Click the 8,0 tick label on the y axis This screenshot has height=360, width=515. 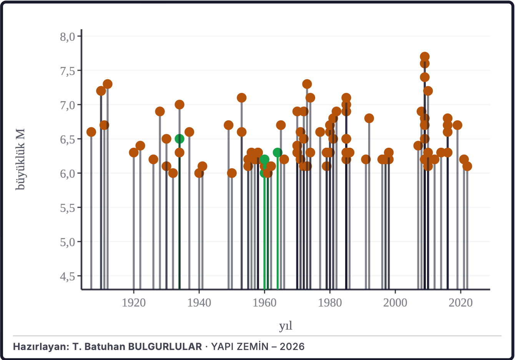click(x=68, y=37)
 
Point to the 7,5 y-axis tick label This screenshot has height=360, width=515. click(x=68, y=71)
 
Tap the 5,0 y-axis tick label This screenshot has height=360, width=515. click(x=68, y=242)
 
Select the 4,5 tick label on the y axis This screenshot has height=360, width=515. click(x=68, y=277)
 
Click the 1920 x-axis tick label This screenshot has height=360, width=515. click(x=134, y=303)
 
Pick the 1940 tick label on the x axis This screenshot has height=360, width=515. click(x=199, y=303)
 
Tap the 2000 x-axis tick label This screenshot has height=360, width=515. click(x=395, y=303)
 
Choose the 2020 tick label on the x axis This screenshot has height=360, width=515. click(x=460, y=303)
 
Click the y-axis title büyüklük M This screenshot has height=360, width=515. click(x=20, y=159)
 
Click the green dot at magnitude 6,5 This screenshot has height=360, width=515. click(x=179, y=139)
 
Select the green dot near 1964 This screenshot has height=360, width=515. click(x=277, y=153)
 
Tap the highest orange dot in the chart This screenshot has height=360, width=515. click(x=425, y=57)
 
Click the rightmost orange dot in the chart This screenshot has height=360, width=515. click(x=467, y=166)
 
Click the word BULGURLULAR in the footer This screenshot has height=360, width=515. click(x=165, y=347)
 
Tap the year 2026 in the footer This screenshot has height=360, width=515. click(x=292, y=347)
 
